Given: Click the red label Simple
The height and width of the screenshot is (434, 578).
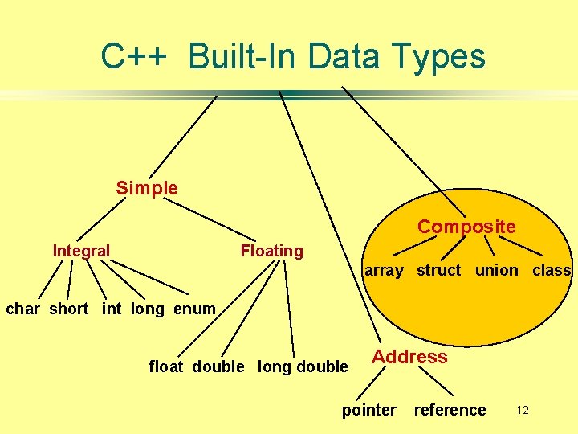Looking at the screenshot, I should [147, 188].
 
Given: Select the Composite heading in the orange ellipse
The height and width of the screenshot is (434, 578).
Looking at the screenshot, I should [466, 227].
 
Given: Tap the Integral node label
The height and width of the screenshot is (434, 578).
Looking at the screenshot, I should [81, 251].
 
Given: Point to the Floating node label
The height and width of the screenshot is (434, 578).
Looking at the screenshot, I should [272, 251].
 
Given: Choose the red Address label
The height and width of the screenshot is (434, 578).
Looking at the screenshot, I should [409, 357].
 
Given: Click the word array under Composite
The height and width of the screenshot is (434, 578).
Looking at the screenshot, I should [384, 271].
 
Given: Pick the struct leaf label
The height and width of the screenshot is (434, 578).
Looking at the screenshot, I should [438, 271].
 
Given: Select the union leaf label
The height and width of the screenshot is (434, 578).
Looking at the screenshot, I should [496, 271].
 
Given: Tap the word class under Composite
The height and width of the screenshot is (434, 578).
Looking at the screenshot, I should [552, 271].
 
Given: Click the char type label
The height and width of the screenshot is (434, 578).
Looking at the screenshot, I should [22, 309].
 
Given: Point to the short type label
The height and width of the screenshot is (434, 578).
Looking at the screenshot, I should [69, 309].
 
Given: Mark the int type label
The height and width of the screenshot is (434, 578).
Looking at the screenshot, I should [112, 309].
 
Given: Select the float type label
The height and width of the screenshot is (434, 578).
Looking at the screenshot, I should [165, 366].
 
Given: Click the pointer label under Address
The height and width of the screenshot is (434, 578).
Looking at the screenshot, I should [368, 411].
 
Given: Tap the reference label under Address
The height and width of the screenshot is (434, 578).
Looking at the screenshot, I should [450, 411].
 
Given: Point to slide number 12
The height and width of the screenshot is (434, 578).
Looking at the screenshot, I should [523, 411].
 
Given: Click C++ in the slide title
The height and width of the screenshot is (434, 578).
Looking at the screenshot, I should [134, 57].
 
